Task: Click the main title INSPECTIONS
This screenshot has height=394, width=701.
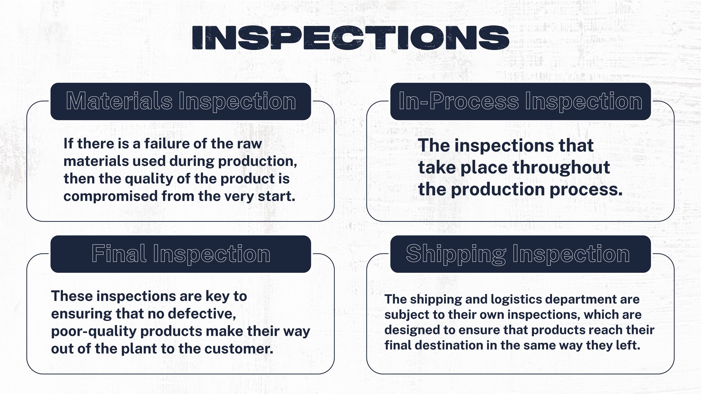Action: click(350, 37)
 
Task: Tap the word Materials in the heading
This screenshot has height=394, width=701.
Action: click(119, 101)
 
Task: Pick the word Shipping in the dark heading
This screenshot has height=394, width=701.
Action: click(456, 254)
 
